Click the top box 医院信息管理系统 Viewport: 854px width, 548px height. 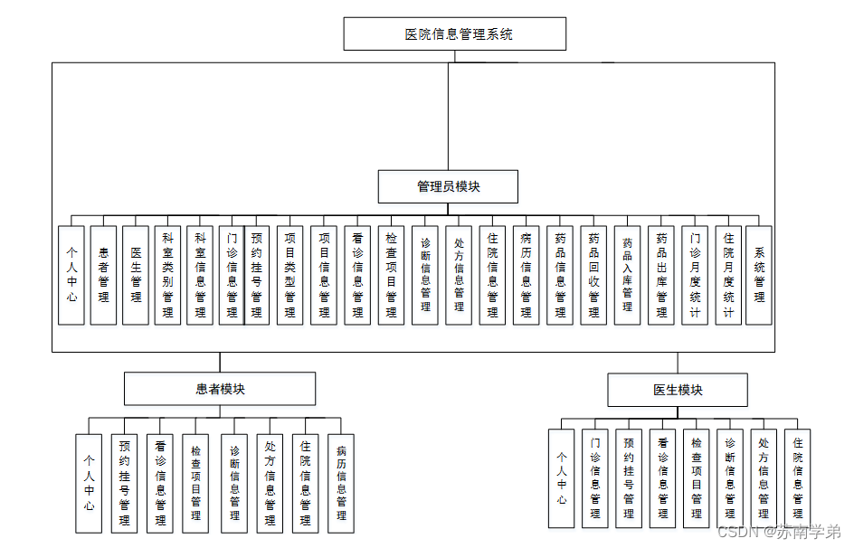point(455,34)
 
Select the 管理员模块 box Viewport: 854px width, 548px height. point(448,186)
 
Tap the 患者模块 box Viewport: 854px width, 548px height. point(220,389)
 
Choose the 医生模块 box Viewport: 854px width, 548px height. point(678,390)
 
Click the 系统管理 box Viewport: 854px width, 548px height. point(759,275)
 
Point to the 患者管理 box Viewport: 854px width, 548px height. point(103,275)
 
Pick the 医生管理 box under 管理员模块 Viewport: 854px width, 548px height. point(136,275)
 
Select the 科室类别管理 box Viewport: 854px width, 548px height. point(167,275)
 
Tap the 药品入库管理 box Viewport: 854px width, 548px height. point(627,275)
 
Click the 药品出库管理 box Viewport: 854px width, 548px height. point(661,275)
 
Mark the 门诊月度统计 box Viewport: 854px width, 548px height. point(695,275)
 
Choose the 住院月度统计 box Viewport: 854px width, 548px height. point(728,275)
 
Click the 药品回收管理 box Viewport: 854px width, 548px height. point(593,275)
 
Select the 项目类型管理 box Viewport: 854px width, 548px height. point(289,275)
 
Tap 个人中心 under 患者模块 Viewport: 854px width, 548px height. point(89,483)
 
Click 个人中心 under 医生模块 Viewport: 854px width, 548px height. point(562,477)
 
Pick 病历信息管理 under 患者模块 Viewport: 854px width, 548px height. point(341,483)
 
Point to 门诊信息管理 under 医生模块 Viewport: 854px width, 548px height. point(595,477)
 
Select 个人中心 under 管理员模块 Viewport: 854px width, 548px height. point(71,275)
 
